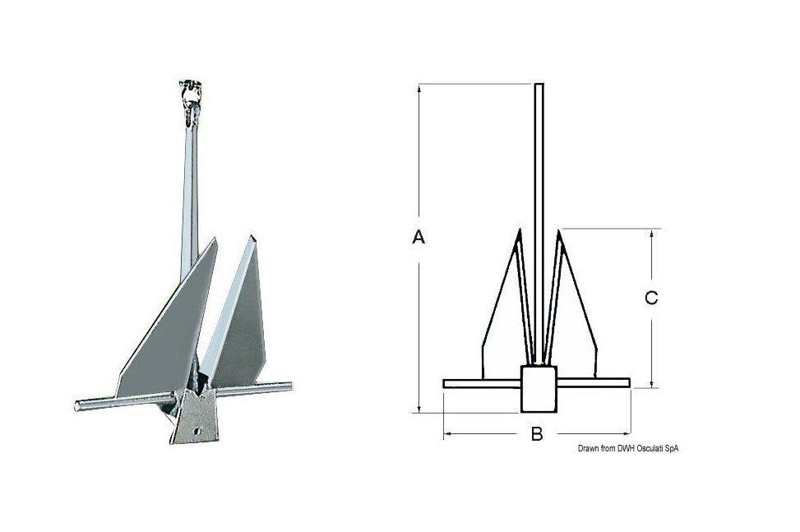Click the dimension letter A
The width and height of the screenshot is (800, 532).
[x=418, y=237]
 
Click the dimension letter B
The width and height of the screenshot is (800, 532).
[x=537, y=434]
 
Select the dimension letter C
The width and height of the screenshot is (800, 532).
[x=651, y=298]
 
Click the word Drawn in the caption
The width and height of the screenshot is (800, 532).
[x=588, y=448]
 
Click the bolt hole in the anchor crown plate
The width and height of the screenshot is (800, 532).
[x=198, y=432]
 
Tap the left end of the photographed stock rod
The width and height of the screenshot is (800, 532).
[x=78, y=406]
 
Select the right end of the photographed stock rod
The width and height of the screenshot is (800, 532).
[x=289, y=386]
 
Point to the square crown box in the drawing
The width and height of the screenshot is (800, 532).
[x=539, y=389]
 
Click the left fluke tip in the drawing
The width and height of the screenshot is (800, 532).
[x=520, y=229]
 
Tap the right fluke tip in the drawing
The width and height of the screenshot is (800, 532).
[x=558, y=230]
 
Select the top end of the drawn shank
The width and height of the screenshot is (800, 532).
[x=539, y=84]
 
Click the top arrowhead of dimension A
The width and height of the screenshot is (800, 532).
[x=418, y=88]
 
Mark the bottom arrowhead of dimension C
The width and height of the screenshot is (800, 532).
[x=651, y=383]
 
